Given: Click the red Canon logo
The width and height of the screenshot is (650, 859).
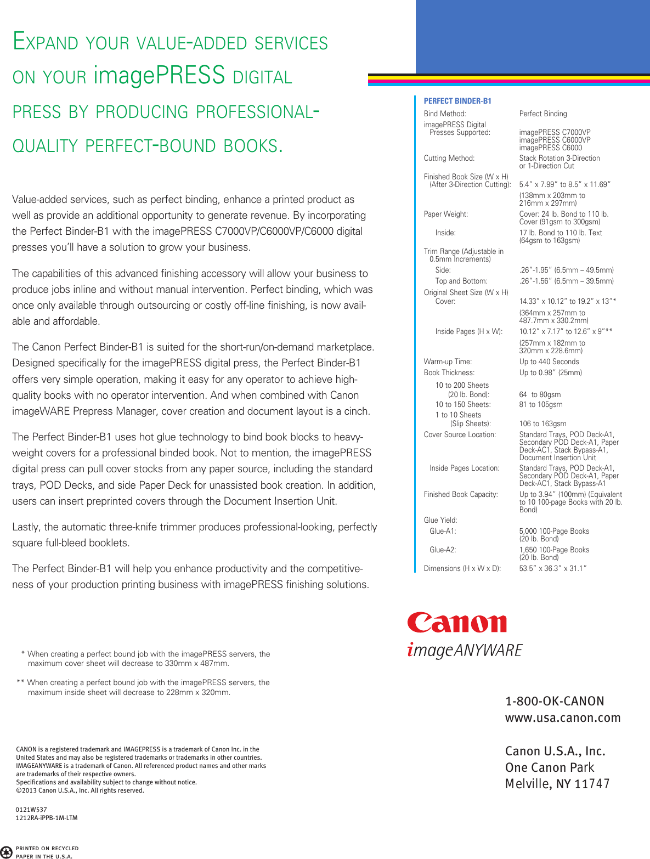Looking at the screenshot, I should point(457,623).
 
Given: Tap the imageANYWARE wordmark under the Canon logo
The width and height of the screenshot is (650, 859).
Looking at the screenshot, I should point(465,650).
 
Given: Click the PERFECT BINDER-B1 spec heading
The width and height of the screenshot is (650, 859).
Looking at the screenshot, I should point(457,101).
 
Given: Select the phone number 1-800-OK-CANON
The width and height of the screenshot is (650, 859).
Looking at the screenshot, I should point(555,702).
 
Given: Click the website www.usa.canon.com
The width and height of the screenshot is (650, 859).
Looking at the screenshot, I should point(563,718).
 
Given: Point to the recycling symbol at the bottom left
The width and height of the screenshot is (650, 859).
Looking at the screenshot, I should point(6,852).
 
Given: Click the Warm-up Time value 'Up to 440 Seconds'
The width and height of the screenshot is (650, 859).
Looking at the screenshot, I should point(549,362).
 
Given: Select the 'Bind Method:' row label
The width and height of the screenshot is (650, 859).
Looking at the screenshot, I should point(445,114).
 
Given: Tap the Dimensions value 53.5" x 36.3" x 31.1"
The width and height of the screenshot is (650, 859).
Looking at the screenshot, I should point(553,569).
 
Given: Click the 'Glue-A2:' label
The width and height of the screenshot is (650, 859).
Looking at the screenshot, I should point(443,550).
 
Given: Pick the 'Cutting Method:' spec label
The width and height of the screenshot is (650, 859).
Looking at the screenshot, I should point(449,159).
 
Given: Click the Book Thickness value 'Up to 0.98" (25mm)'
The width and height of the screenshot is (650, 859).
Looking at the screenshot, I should point(550,373).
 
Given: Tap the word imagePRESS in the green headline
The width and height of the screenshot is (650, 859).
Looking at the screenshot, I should point(159,75).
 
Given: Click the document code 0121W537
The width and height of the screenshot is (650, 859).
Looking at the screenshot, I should point(31,810).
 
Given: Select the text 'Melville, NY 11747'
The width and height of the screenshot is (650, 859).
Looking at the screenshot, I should point(557,784).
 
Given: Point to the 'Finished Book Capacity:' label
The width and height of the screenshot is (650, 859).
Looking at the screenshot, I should point(461,495).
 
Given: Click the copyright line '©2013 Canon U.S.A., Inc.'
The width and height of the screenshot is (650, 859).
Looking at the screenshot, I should point(80,791).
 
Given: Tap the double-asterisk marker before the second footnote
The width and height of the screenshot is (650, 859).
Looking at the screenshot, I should point(20,683).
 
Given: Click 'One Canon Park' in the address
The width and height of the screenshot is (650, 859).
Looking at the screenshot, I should point(550,768).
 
